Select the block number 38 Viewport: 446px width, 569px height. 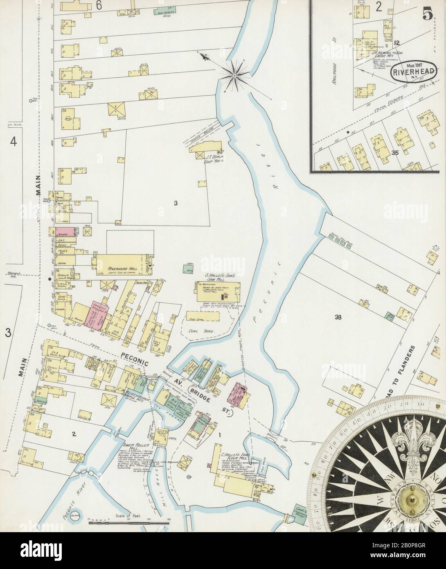[338, 316]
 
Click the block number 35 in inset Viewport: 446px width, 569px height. [394, 152]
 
